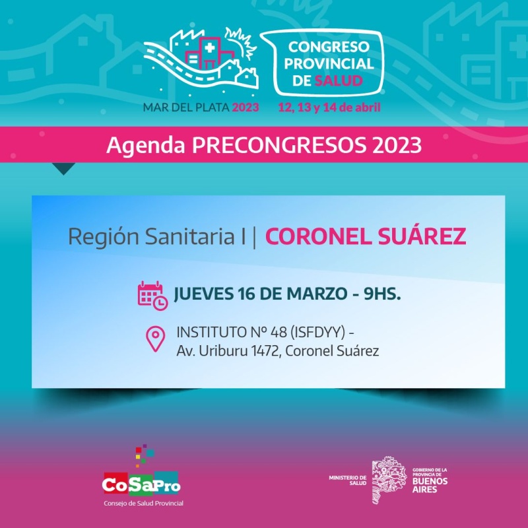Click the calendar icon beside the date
(x=152, y=296)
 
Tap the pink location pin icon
(x=155, y=339)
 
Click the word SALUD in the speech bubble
(x=339, y=81)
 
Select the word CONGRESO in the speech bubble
(x=329, y=47)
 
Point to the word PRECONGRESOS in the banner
(x=279, y=145)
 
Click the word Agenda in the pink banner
(x=146, y=146)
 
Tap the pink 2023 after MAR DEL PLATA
(x=246, y=108)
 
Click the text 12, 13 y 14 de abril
(x=329, y=108)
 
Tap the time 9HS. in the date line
(x=382, y=294)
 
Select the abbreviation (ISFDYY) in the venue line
(x=317, y=333)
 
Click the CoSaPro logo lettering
(x=141, y=484)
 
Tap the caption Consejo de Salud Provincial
(x=143, y=504)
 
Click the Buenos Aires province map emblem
(x=389, y=480)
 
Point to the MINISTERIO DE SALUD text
(x=348, y=480)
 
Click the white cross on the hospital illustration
(x=210, y=48)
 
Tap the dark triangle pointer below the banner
(x=63, y=168)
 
